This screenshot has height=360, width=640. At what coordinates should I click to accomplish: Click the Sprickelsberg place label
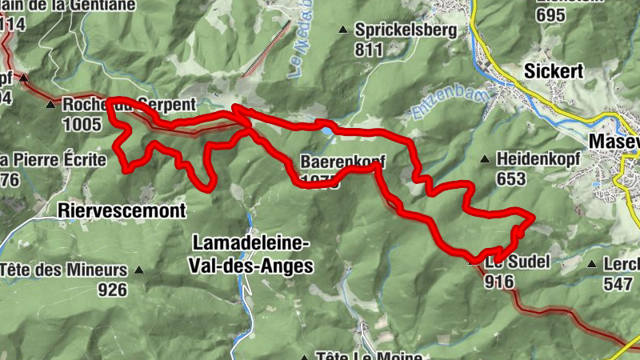pos(406,31)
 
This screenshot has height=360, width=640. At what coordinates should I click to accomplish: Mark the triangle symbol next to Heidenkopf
pos(484,159)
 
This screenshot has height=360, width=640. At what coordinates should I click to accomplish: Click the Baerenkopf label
pos(338,161)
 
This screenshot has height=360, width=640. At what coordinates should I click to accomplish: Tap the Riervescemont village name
pos(122,211)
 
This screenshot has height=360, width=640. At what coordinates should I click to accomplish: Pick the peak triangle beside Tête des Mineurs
pos(139,270)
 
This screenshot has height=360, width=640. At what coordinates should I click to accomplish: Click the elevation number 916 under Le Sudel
pos(498,281)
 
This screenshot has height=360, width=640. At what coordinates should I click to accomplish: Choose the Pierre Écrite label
pos(57,160)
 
